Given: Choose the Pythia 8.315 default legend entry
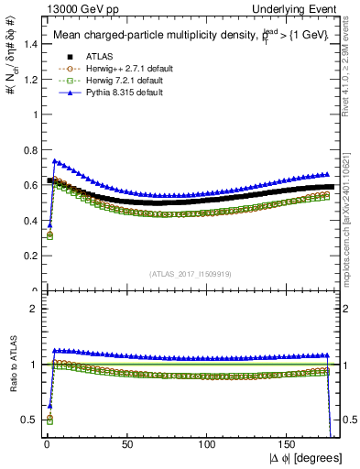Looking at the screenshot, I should (110, 93).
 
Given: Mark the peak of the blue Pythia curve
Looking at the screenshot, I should (54, 161).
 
